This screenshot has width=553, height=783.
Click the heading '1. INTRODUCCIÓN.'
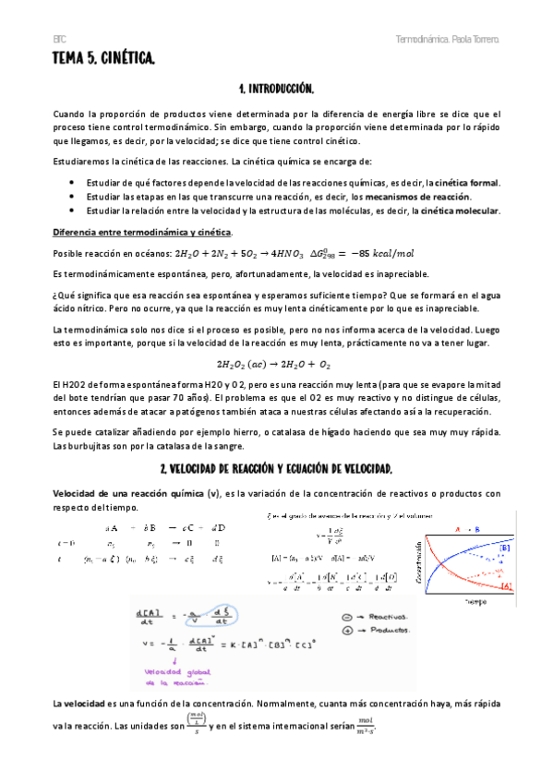point(276,89)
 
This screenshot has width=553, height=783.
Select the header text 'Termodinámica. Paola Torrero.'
point(448,42)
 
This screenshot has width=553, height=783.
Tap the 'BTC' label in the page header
point(58,42)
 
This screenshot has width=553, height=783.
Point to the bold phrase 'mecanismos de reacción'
point(422,197)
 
